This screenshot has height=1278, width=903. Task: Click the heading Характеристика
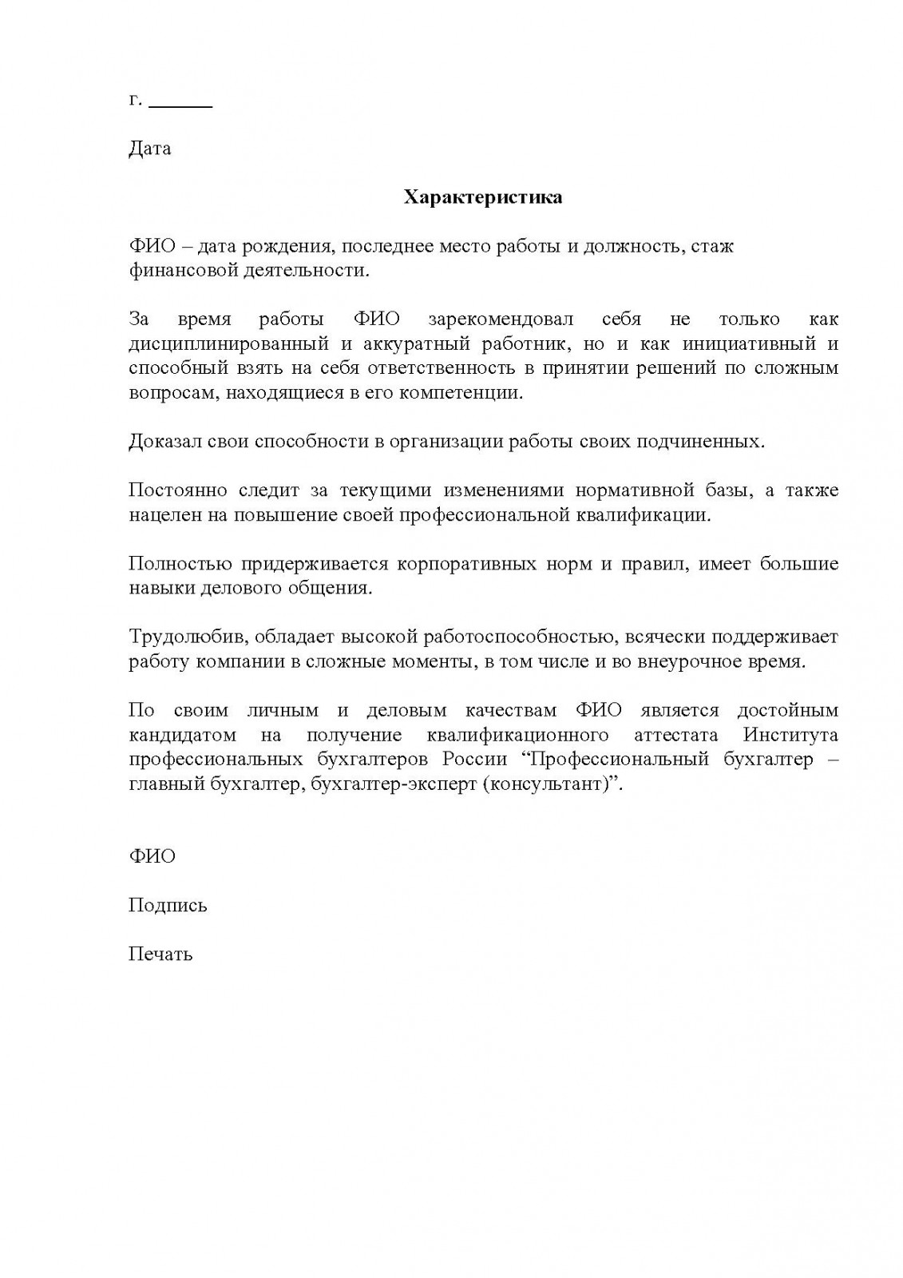482,197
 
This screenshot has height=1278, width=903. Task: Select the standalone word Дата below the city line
149,149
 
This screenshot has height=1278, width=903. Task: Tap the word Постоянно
178,490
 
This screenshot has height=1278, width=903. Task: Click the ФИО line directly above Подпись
152,856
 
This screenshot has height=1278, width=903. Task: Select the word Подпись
168,906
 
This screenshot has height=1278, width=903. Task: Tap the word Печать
160,955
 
